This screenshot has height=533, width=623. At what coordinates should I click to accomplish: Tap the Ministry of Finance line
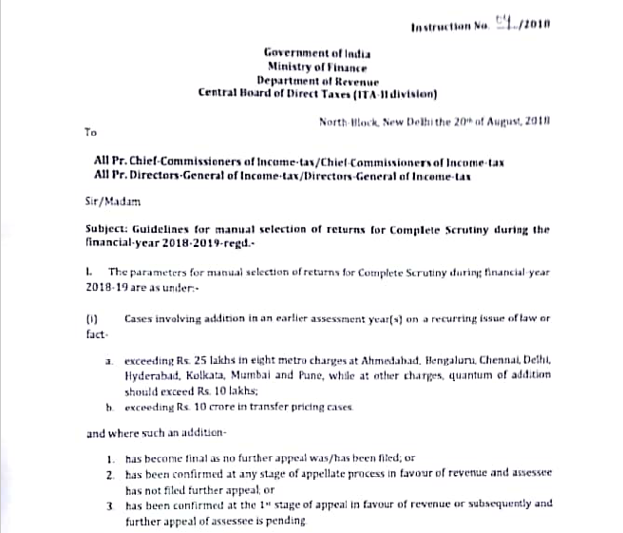[317, 68]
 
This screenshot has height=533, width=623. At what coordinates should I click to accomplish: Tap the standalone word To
[91, 134]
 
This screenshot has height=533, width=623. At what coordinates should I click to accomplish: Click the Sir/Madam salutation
[110, 202]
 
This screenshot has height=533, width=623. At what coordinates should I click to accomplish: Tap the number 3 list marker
[110, 504]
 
